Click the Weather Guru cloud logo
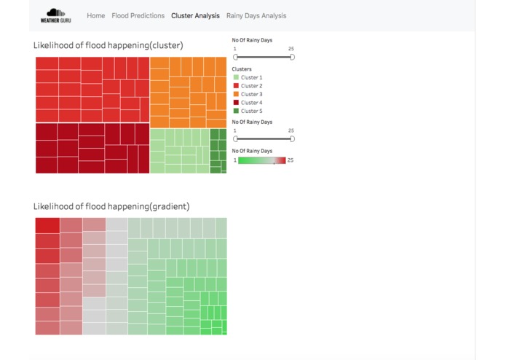point(56,15)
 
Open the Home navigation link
point(95,15)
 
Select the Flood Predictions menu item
point(138,15)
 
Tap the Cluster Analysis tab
point(195,15)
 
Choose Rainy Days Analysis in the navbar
point(256,15)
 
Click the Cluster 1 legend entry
point(251,77)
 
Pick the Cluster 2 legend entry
point(251,86)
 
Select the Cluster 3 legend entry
point(251,94)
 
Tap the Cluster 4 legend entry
point(251,103)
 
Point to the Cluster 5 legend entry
point(251,111)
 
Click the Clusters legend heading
point(242,69)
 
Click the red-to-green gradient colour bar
point(262,160)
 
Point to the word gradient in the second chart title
point(173,206)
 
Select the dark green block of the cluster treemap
point(218,151)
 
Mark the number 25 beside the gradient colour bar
point(290,160)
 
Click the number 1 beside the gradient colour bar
point(234,160)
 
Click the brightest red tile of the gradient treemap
point(47,225)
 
